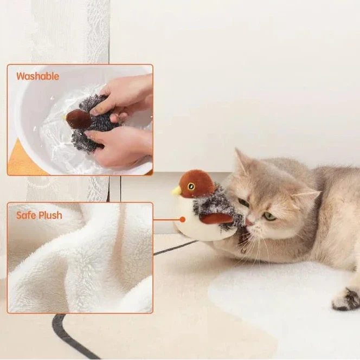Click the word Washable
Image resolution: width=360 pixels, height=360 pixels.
(37, 76)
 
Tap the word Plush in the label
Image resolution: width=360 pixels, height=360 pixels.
(51, 215)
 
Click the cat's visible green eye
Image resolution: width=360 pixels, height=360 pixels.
(269, 216)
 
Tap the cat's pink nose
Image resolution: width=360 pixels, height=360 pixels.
(248, 222)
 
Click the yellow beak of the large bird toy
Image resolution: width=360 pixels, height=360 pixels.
(176, 190)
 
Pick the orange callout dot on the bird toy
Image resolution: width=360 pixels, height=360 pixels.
(183, 220)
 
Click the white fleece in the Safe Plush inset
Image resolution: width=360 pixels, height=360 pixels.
(81, 260)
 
